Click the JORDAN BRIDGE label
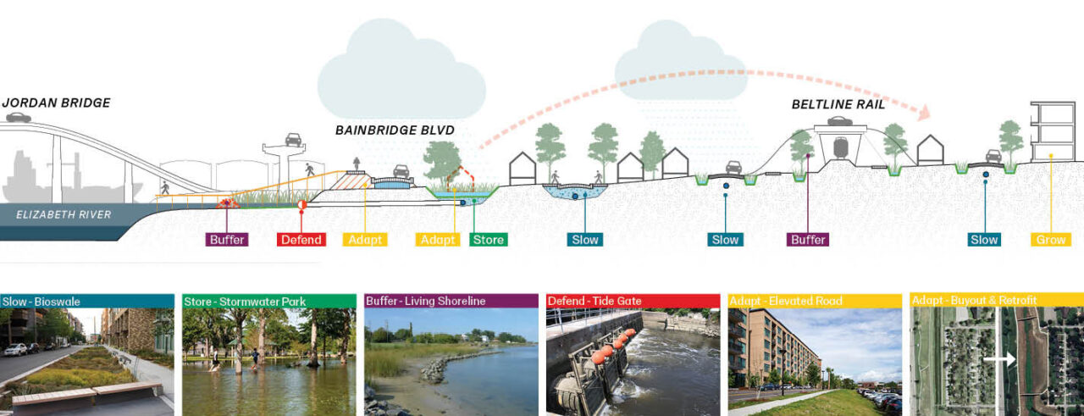(56, 103)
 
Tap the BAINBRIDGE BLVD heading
(394, 130)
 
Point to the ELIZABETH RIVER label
(64, 214)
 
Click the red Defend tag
(301, 240)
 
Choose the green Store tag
(488, 240)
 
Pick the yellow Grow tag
(1051, 240)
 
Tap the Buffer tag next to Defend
(227, 240)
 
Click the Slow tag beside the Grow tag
(984, 240)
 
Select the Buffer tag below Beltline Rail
(808, 240)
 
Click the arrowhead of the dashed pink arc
(923, 113)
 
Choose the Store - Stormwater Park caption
(245, 301)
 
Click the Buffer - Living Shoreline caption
(426, 301)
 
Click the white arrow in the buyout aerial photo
(999, 359)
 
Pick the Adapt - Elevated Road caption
(785, 301)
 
